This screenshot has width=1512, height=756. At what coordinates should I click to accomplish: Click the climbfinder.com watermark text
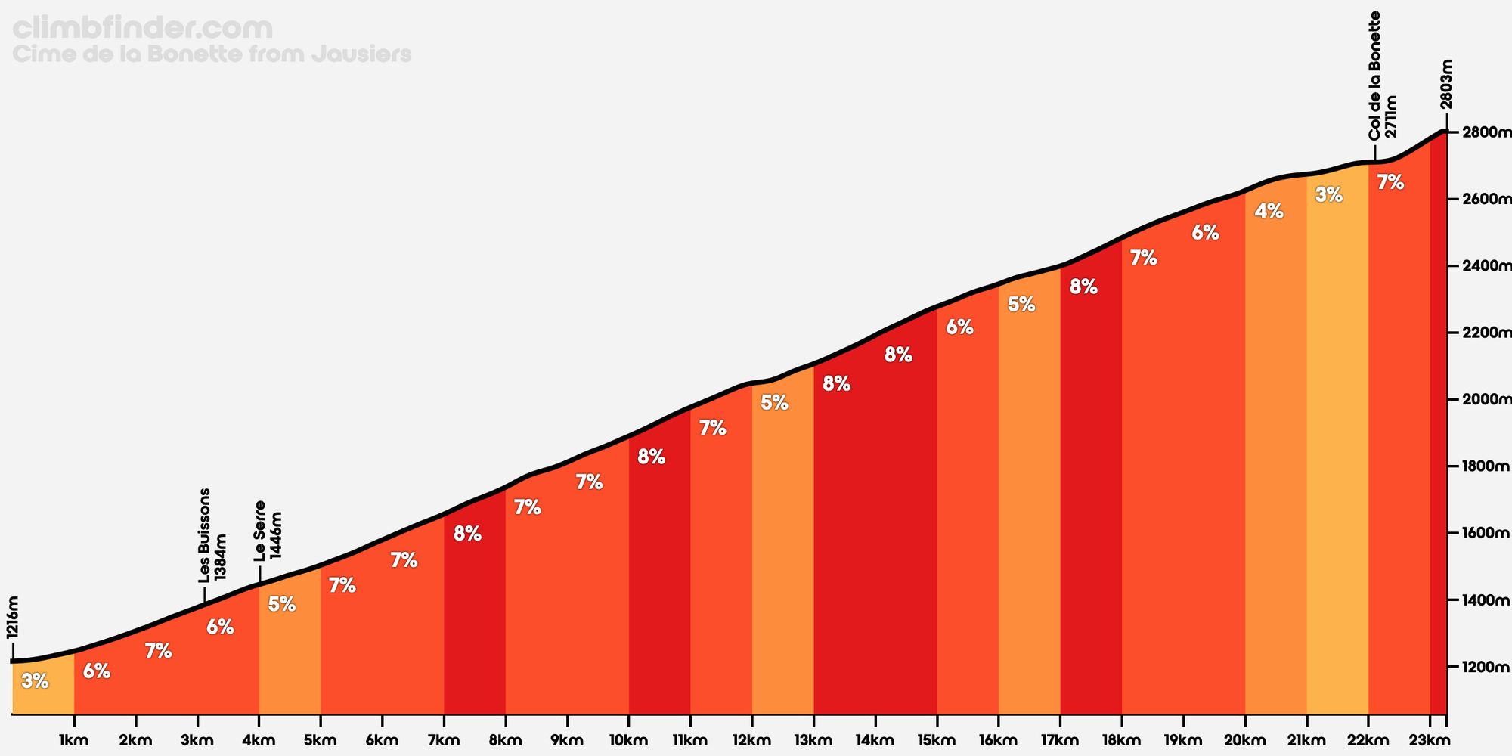[x=143, y=29]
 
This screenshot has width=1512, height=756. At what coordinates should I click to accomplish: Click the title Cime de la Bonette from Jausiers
[x=212, y=54]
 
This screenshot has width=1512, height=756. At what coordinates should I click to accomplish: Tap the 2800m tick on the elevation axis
[x=1486, y=132]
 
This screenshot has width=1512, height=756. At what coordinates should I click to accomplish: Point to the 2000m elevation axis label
[x=1486, y=399]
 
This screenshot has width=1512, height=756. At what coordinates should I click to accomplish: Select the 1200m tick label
[x=1486, y=667]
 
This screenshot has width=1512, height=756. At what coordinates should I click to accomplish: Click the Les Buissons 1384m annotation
[x=212, y=535]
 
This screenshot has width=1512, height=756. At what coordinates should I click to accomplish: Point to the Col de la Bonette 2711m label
[x=1382, y=76]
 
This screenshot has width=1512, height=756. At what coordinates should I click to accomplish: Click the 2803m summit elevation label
[x=1446, y=85]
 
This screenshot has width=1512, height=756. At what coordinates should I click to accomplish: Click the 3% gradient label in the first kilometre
[x=35, y=681]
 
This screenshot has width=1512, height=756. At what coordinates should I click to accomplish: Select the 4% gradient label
[x=1269, y=212]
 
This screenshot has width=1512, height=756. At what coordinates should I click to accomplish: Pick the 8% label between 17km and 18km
[x=1083, y=287]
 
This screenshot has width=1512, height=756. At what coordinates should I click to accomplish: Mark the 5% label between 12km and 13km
[x=774, y=403]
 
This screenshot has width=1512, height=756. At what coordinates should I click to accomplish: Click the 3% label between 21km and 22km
[x=1328, y=195]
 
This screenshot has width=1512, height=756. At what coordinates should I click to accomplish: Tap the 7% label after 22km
[x=1390, y=182]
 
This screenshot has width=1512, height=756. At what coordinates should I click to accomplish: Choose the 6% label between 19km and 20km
[x=1205, y=233]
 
